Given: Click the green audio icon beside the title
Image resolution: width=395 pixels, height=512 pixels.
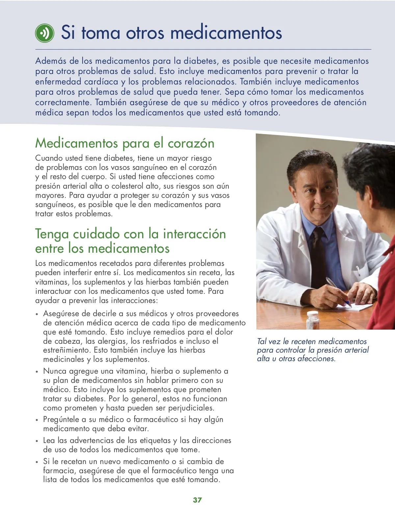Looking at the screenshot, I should coord(44,33).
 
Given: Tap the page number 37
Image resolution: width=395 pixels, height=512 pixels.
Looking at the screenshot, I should coord(197,500).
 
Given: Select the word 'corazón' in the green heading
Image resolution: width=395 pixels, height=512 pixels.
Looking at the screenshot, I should coord(191,143).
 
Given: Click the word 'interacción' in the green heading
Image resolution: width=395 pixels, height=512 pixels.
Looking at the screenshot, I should coord(195,234).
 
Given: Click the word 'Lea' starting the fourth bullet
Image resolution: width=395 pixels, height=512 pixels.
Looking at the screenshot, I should coord(49,440).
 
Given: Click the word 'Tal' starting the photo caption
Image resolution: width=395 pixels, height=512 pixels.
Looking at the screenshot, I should coord(262,342).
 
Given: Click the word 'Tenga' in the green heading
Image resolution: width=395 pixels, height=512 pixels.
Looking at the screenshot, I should coord(52,234).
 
